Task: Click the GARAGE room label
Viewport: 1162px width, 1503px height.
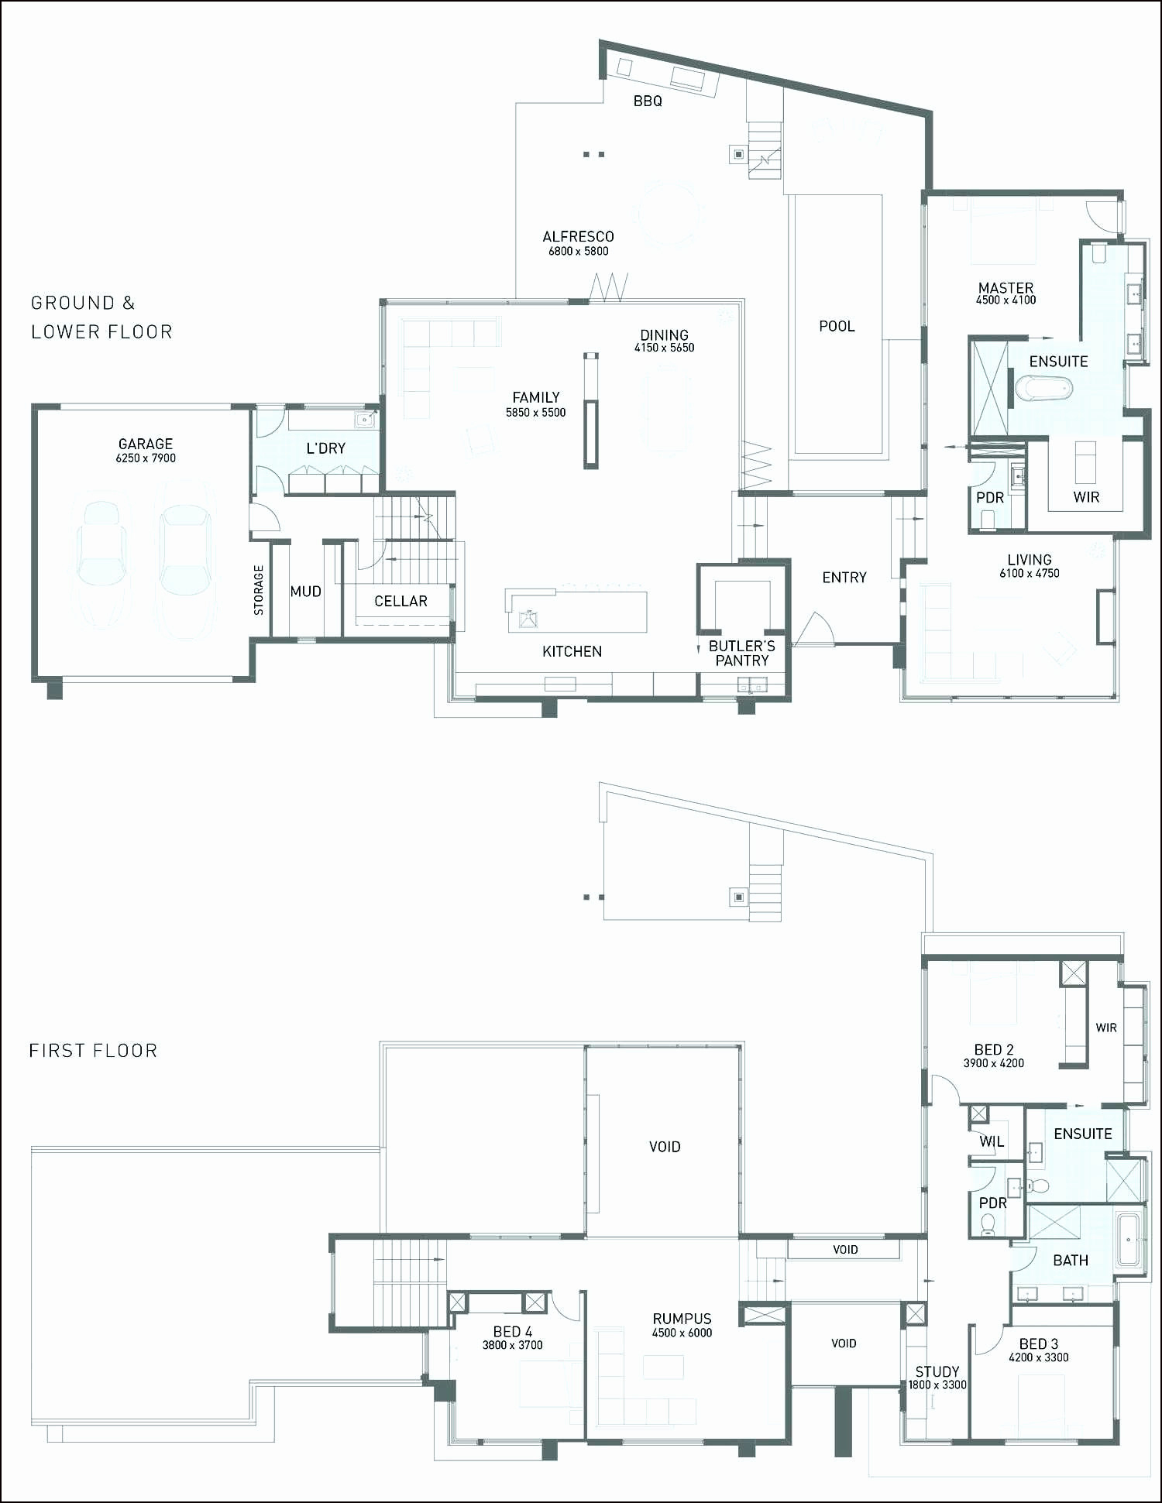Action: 146,444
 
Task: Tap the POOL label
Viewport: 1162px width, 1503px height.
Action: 837,326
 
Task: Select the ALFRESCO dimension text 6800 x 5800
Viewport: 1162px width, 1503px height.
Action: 579,251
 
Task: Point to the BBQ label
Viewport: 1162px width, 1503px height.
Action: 648,101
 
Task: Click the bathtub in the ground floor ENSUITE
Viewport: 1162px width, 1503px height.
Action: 1043,387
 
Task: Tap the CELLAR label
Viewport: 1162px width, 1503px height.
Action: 401,601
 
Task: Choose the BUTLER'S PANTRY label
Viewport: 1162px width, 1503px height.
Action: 741,653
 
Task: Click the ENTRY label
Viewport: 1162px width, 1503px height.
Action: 844,578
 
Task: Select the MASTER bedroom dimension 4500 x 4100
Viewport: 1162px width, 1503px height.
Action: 1006,300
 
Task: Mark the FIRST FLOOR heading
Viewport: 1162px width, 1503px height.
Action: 93,1051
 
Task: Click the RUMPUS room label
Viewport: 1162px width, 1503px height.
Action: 682,1319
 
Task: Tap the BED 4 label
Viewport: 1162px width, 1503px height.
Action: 513,1331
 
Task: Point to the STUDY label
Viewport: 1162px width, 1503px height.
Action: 937,1371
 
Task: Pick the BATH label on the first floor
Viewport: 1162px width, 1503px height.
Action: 1071,1261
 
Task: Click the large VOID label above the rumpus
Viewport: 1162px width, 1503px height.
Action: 665,1147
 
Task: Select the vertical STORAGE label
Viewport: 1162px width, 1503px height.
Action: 259,590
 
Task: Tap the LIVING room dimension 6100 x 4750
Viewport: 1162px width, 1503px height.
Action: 1029,574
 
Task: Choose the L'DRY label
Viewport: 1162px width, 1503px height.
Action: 326,448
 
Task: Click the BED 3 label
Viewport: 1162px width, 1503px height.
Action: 1039,1343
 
